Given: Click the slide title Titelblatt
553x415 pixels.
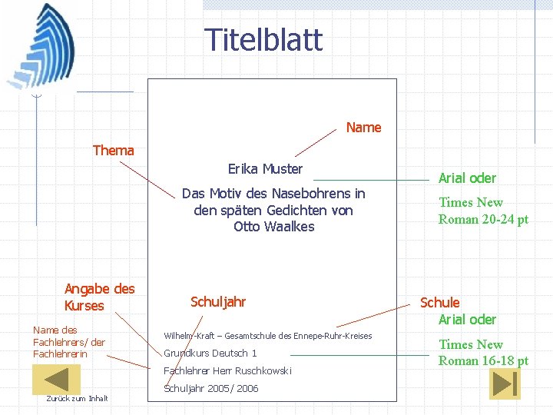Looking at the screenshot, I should [263, 40].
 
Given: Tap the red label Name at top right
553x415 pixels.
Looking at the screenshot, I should [363, 128].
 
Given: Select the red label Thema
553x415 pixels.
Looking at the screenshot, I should [113, 151].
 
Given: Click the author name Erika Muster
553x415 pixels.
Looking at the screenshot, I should [265, 169].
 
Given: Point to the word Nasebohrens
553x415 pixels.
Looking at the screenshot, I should [307, 194].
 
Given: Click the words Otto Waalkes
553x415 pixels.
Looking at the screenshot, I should [273, 227].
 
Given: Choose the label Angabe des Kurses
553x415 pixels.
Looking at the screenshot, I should [99, 297].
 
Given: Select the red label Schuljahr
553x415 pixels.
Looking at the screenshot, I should [218, 302].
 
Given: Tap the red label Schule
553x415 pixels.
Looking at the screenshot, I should [439, 303].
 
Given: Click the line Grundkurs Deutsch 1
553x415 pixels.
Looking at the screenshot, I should [210, 354].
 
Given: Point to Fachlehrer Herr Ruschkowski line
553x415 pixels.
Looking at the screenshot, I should [227, 371].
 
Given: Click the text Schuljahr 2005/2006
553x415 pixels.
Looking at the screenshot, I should [211, 389].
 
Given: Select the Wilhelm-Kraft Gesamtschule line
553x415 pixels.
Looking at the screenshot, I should [267, 336].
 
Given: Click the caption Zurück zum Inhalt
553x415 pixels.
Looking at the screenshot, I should [77, 398].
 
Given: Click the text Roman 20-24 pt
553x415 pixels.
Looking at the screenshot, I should [483, 220].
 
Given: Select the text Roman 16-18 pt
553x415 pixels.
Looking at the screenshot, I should [483, 361].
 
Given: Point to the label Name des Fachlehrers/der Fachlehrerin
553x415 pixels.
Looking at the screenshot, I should [69, 342].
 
